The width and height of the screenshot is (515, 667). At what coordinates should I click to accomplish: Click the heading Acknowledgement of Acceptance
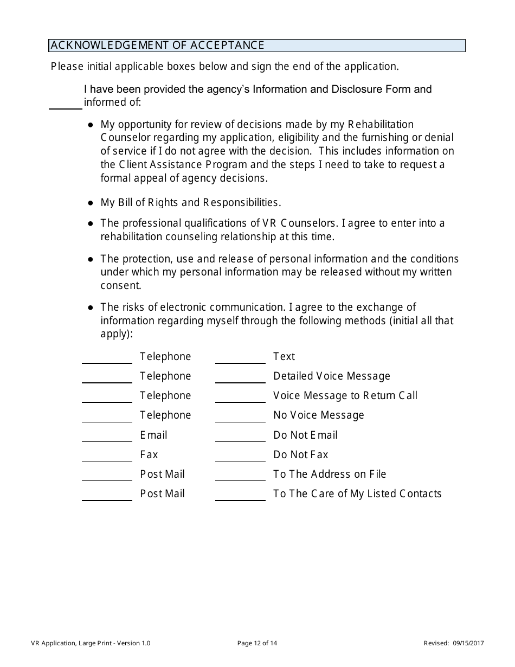click(157, 46)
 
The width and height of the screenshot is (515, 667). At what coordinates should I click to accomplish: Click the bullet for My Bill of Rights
click(91, 203)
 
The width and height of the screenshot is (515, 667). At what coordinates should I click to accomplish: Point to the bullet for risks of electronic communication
click(91, 307)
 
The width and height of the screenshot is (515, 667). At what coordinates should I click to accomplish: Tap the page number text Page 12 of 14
click(257, 644)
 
